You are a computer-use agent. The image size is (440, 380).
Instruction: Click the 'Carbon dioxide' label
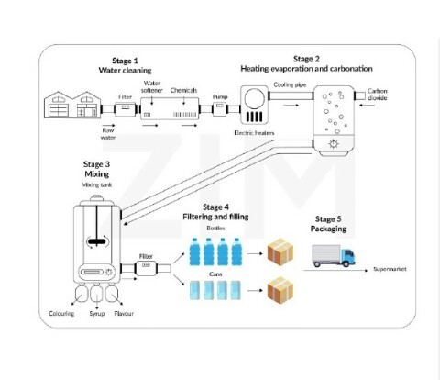pos(378,95)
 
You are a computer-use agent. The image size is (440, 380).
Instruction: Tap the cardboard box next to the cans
pos(278,289)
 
